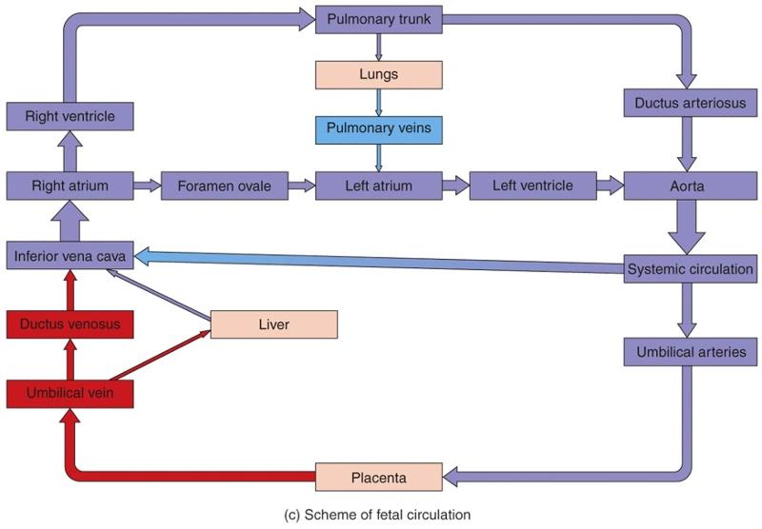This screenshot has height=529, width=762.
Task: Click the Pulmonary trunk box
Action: [379, 19]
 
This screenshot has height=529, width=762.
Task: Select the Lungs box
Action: [379, 73]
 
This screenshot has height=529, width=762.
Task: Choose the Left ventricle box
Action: [532, 186]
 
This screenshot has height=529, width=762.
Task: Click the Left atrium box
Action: [379, 186]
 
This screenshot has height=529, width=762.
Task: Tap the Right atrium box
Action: [70, 186]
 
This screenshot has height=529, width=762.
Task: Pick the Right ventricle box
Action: [70, 117]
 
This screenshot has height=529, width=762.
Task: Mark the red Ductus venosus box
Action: [70, 324]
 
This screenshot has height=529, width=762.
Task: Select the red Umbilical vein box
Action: [70, 392]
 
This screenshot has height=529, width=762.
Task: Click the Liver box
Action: [273, 324]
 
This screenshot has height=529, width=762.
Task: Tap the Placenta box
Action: [379, 475]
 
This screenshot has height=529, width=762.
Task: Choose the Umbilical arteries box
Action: [691, 352]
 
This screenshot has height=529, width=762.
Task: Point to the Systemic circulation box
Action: [691, 268]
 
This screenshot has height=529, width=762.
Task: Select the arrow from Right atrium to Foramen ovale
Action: [147, 186]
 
